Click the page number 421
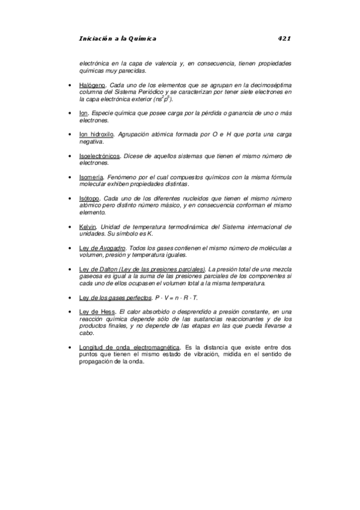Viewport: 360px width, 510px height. [x=284, y=38]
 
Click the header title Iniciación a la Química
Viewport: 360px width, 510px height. [x=117, y=38]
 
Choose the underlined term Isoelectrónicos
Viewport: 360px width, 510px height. [x=99, y=156]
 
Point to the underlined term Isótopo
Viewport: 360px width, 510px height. [x=90, y=198]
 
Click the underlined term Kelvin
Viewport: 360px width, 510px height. [x=88, y=227]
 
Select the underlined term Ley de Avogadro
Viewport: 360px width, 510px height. [x=102, y=248]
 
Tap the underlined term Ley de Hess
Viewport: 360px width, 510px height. [x=97, y=312]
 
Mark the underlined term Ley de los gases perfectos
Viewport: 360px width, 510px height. [x=115, y=298]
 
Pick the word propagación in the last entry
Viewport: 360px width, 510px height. [x=97, y=362]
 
